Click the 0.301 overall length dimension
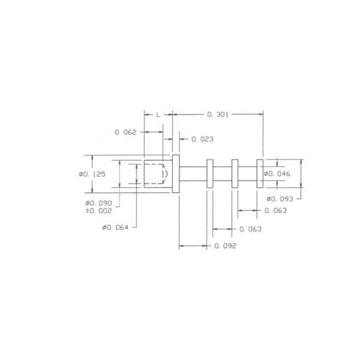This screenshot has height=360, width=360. pos(218,115)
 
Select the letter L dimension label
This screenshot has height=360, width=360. pos(158,115)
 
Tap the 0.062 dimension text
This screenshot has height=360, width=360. pos(125,132)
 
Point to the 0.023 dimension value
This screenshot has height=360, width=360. pos(202,139)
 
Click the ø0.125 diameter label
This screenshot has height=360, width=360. pos(92,174)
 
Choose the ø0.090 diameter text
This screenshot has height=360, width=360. pos(98,203)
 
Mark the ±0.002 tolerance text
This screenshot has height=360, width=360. pos(98,211)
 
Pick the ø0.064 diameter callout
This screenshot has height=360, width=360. pos(115,227)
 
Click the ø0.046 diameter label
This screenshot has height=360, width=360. pos(277,174)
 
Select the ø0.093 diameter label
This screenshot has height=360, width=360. pos(280,199)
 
